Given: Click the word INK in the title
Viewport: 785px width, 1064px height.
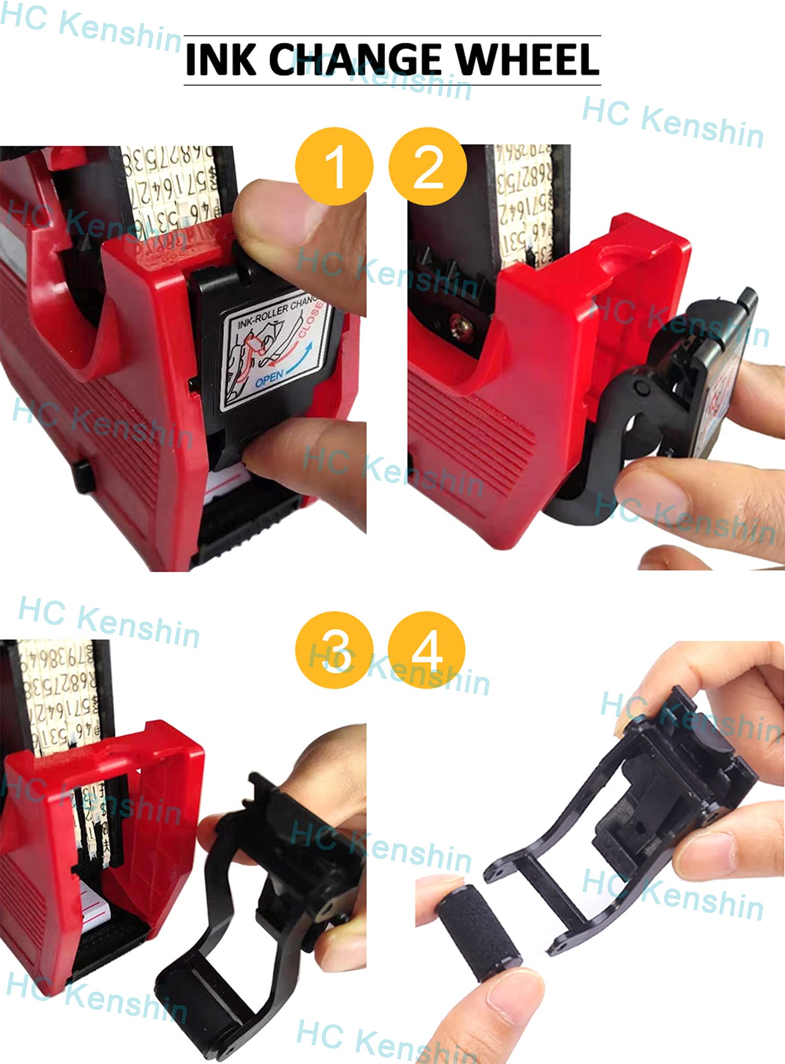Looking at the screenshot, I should [x=220, y=59].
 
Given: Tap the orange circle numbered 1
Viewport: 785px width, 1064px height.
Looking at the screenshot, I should [x=334, y=166].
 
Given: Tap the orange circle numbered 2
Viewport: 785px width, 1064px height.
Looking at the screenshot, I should [x=428, y=166].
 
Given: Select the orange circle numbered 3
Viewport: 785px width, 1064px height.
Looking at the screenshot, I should [x=334, y=650].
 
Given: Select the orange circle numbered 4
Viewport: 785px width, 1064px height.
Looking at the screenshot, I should [x=427, y=650].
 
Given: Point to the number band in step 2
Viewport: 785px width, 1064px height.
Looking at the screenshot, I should [x=523, y=204].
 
